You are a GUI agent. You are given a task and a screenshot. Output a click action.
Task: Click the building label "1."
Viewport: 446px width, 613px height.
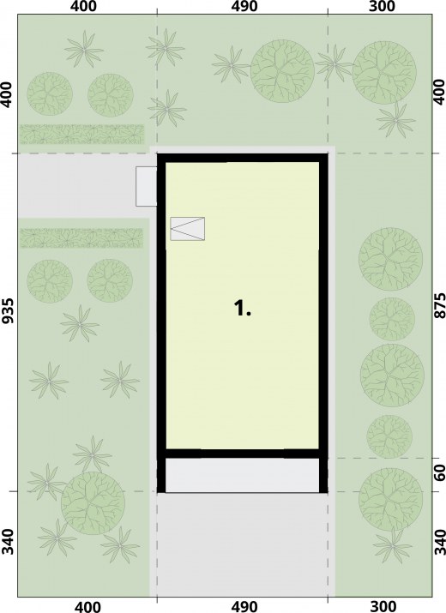pos(242,309)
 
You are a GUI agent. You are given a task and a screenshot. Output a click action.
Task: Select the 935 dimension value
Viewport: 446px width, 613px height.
pos(9,311)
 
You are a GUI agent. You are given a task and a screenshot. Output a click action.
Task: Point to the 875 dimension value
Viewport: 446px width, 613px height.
pos(439,306)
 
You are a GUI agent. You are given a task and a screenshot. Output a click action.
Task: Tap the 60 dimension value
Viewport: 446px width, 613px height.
pos(440,473)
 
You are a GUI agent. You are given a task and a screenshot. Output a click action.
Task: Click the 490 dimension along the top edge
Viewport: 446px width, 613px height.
pos(244,6)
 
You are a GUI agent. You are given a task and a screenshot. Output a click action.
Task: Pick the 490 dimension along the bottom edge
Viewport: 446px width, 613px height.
pos(244,607)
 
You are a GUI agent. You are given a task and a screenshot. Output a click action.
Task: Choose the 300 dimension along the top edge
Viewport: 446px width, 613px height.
pos(383,6)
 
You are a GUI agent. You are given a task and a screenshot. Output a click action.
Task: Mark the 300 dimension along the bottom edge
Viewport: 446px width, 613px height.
pos(383,607)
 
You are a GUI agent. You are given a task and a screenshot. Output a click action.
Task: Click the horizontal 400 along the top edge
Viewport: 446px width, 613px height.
pos(83,6)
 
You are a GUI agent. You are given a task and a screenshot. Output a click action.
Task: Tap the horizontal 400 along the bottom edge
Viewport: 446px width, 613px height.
pos(87,607)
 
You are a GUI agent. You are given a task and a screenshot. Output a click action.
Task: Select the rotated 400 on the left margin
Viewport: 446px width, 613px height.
pos(9,94)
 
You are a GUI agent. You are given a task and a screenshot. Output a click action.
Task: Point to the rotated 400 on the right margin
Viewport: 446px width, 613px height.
pos(439,92)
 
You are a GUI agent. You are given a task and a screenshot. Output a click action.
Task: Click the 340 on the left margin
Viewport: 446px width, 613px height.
pos(9,542)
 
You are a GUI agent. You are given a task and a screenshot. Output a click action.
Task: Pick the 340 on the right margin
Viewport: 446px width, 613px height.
pos(440,542)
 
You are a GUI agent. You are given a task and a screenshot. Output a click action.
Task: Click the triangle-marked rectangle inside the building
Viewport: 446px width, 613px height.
pos(188,229)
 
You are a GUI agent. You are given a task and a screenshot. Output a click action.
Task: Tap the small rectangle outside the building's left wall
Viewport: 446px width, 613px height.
pos(147,187)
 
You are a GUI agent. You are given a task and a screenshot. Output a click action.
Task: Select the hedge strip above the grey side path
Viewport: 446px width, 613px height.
pos(82,134)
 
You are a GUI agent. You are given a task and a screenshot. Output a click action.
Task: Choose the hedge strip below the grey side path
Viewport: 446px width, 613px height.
pos(81,238)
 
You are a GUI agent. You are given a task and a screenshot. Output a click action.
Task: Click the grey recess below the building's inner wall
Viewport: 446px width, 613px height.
pos(243,475)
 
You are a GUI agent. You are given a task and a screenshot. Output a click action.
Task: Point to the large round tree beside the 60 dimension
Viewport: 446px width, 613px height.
pos(390,499)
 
